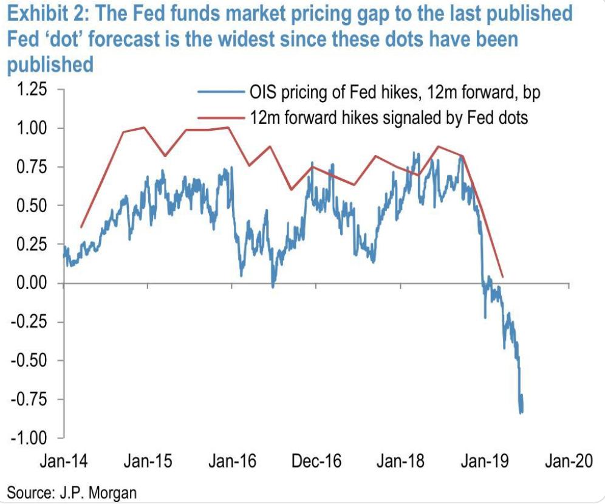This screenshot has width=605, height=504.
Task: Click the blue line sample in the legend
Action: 221,92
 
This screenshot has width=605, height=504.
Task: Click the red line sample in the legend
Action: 221,117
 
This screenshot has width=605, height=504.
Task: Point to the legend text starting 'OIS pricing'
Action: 394,92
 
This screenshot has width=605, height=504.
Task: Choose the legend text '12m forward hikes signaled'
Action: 389,117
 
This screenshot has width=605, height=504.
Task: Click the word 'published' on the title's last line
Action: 50,64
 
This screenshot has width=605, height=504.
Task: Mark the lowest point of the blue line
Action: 521,413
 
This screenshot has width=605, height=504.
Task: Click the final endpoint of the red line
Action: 502,277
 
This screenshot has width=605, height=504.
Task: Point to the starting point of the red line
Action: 81,227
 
